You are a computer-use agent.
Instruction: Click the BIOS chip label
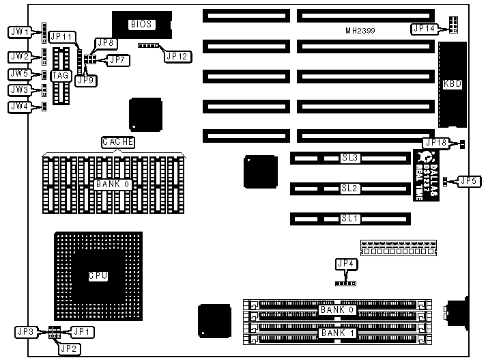[x=143, y=25]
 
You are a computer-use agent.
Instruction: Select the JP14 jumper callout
[x=424, y=29]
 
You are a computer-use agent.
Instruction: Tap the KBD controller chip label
[x=452, y=85]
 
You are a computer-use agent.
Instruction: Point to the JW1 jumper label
[x=18, y=31]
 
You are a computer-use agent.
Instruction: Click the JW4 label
[x=18, y=107]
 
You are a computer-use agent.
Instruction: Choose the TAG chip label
[x=60, y=75]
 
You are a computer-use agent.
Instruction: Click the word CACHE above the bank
[x=117, y=142]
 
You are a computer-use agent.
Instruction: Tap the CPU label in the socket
[x=98, y=276]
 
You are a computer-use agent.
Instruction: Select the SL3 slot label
[x=350, y=158]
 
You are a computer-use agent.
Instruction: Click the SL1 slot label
[x=350, y=219]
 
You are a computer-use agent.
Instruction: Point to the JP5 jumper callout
[x=468, y=181]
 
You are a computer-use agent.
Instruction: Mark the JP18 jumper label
[x=435, y=143]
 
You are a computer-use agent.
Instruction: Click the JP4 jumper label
[x=346, y=264]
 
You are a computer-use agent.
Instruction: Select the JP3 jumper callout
[x=25, y=331]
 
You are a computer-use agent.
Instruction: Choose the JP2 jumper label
[x=68, y=348]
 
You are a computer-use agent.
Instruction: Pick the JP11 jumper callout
[x=62, y=36]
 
